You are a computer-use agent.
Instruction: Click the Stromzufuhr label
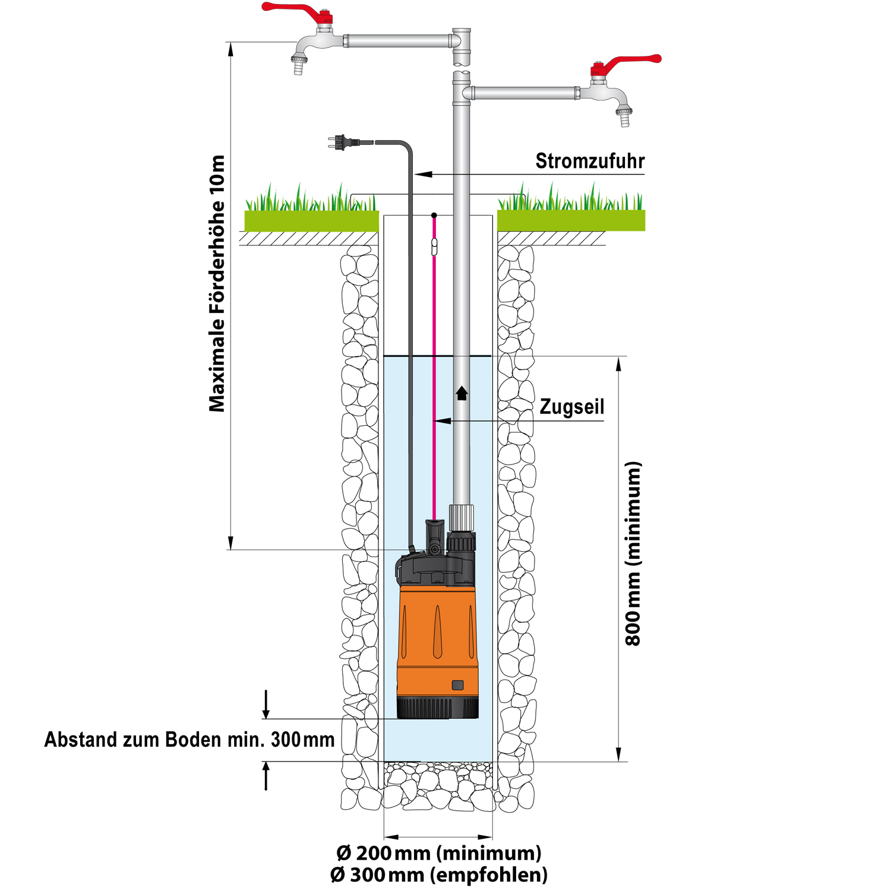(x=590, y=161)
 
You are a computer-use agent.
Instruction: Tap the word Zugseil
(x=572, y=407)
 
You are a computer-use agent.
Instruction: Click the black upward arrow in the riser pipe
(x=462, y=393)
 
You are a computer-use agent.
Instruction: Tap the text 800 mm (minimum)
(x=633, y=554)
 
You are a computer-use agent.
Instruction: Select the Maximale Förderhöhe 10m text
(x=217, y=284)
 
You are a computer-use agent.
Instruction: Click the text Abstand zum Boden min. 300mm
(x=189, y=740)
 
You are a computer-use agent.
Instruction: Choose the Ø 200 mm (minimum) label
(x=439, y=853)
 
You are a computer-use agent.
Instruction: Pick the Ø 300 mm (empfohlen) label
(x=439, y=875)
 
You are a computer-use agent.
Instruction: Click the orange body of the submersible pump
(x=438, y=636)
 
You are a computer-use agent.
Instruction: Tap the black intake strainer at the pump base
(x=438, y=708)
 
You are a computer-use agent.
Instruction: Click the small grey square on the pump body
(x=457, y=685)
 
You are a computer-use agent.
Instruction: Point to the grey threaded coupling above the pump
(x=462, y=517)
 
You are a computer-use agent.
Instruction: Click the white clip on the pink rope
(x=434, y=246)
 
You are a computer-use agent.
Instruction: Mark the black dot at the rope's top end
(x=434, y=215)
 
